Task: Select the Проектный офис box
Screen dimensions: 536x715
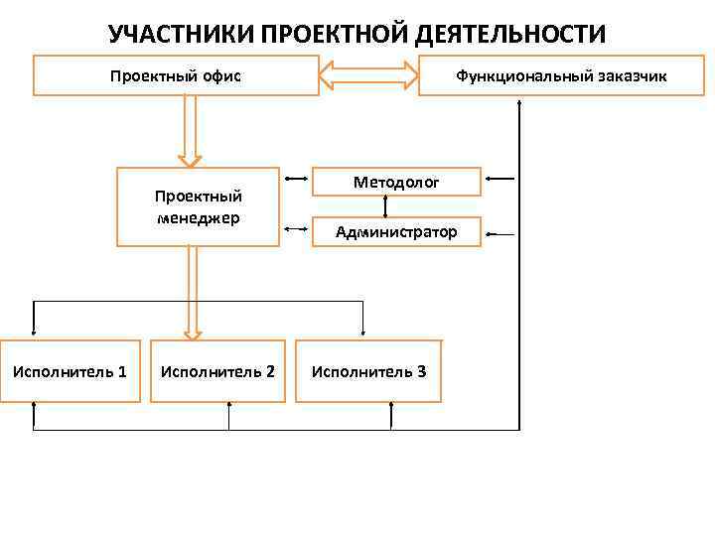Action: (x=177, y=75)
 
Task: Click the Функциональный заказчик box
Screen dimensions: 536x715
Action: (x=561, y=75)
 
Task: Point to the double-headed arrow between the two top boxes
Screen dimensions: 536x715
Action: (x=369, y=75)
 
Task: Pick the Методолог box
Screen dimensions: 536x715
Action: (x=397, y=182)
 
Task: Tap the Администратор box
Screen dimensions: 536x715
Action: (x=397, y=232)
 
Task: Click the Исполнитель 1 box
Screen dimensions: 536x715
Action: (x=70, y=372)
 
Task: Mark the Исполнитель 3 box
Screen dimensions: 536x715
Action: (x=369, y=372)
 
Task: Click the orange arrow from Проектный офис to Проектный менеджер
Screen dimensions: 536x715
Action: (x=190, y=129)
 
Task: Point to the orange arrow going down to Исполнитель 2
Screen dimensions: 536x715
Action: (x=194, y=293)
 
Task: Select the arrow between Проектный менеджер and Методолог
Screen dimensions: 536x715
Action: (x=295, y=180)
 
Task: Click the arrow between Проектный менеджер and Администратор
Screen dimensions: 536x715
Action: (x=295, y=230)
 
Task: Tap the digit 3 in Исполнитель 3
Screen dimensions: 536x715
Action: (x=422, y=372)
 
